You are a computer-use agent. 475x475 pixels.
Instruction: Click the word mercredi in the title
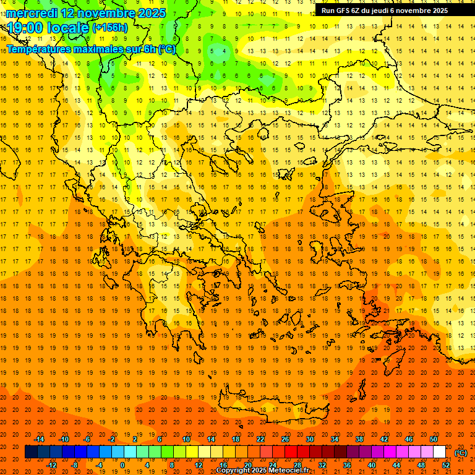(32, 13)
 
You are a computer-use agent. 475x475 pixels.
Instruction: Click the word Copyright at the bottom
(234, 470)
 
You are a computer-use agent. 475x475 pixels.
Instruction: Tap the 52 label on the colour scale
(446, 465)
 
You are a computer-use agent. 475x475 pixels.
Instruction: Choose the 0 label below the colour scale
(122, 465)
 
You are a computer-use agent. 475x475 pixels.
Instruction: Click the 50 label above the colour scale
(433, 439)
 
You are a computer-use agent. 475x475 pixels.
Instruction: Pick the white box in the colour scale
(439, 452)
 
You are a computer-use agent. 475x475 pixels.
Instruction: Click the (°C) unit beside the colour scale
(460, 453)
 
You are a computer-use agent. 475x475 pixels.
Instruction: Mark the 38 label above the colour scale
(359, 439)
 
